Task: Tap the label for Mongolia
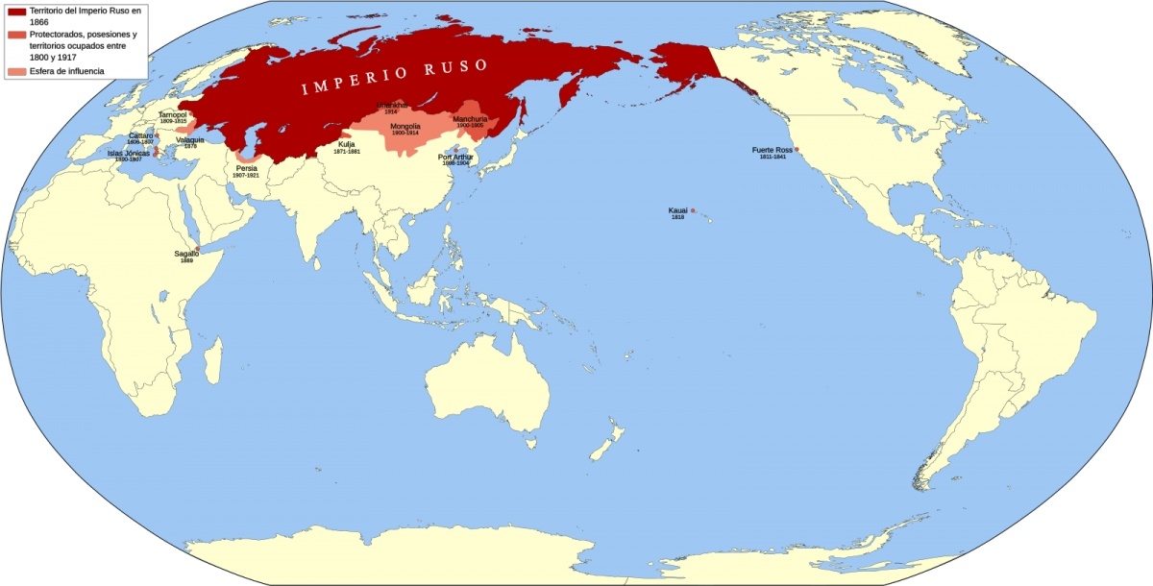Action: pos(405,126)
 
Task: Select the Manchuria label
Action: pos(470,119)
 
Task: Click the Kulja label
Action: pos(347,144)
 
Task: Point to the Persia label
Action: pos(247,168)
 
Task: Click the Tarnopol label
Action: pos(173,114)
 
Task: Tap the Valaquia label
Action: pos(190,139)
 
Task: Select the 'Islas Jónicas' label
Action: pos(129,153)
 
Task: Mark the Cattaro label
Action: pos(141,135)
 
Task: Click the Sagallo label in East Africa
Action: pos(186,254)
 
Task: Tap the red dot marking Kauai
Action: pos(693,210)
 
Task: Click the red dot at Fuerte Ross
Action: pos(797,150)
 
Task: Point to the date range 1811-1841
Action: pos(773,157)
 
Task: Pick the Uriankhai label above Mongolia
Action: pos(391,105)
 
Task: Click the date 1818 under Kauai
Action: pos(677,218)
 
